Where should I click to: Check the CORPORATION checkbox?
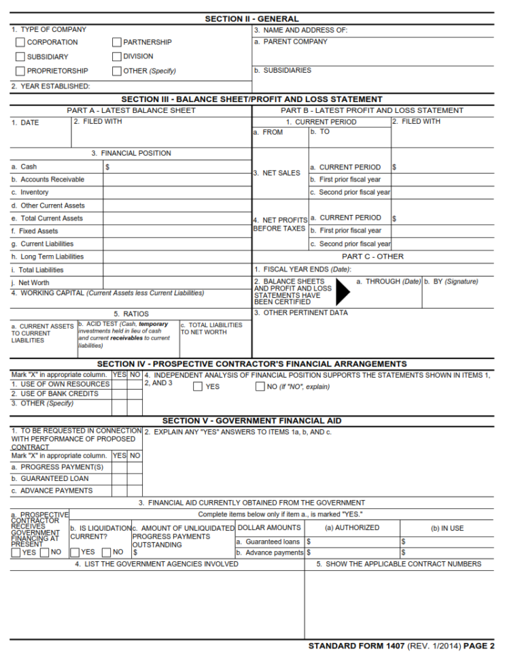pyautogui.click(x=20, y=42)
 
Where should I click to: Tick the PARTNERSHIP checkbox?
pyautogui.click(x=117, y=42)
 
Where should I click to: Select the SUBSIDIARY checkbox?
pyautogui.click(x=20, y=57)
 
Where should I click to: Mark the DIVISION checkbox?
pyautogui.click(x=117, y=56)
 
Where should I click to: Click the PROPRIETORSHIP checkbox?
pyautogui.click(x=20, y=71)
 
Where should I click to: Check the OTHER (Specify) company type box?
pyautogui.click(x=117, y=71)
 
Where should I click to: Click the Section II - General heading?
pyautogui.click(x=251, y=19)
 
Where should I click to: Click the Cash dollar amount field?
pyautogui.click(x=177, y=167)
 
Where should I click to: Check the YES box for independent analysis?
pyautogui.click(x=198, y=387)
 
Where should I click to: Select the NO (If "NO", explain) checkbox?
pyautogui.click(x=260, y=387)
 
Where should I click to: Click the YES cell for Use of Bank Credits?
pyautogui.click(x=119, y=394)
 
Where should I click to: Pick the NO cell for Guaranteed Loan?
pyautogui.click(x=135, y=478)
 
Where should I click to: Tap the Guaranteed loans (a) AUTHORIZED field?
pyautogui.click(x=352, y=542)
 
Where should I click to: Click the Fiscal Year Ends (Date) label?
pyautogui.click(x=302, y=269)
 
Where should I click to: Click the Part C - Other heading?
pyautogui.click(x=372, y=256)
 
